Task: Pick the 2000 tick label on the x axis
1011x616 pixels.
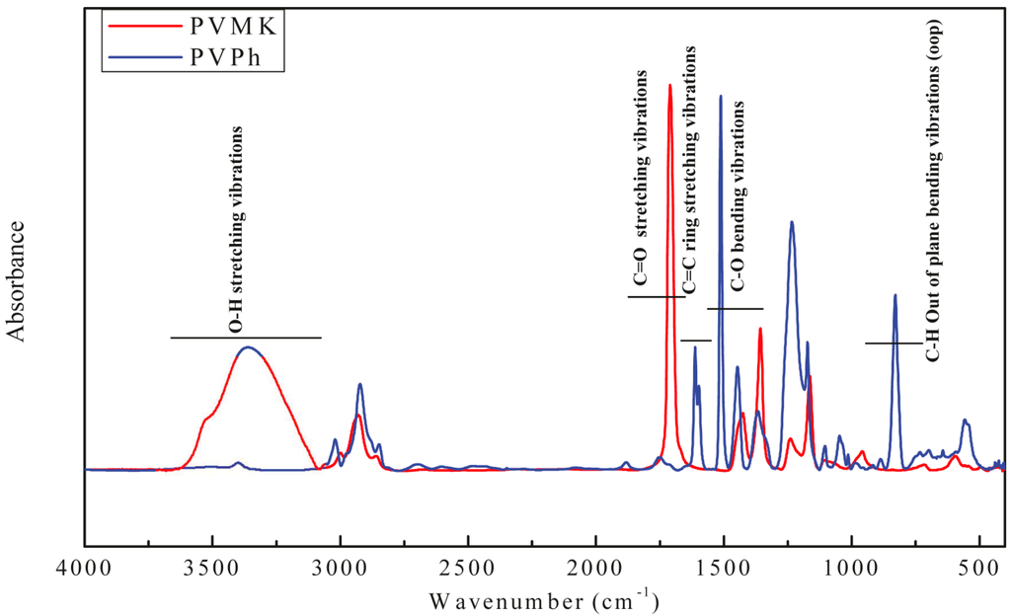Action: (x=595, y=570)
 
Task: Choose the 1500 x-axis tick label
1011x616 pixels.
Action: (x=723, y=570)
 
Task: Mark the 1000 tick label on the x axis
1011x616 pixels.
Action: (x=850, y=570)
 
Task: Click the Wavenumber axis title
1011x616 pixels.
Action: (x=544, y=598)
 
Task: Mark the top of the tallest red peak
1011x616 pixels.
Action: (x=670, y=85)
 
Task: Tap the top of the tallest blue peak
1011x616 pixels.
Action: (x=721, y=97)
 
